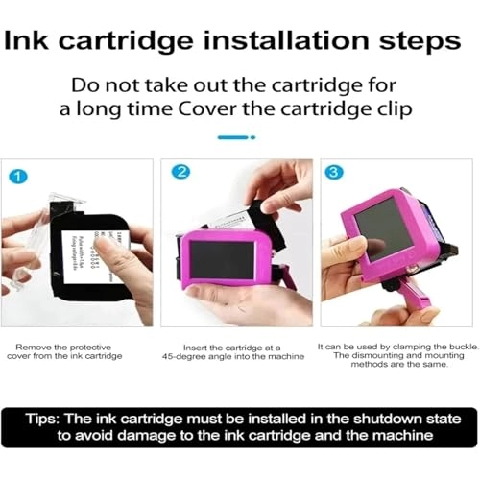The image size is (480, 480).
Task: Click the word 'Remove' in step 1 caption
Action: coord(34,345)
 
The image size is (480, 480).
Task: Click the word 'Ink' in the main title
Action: coord(35,43)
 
